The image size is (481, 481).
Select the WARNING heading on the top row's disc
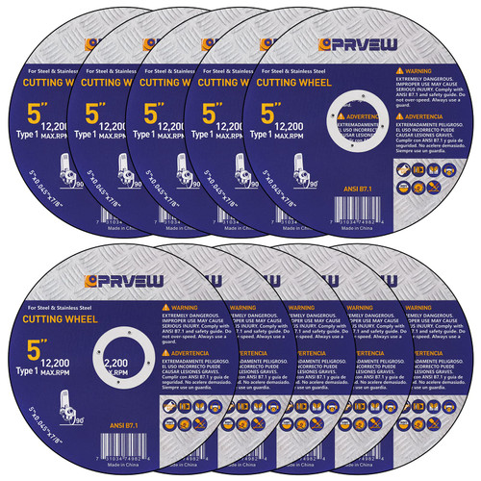pos(421,70)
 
